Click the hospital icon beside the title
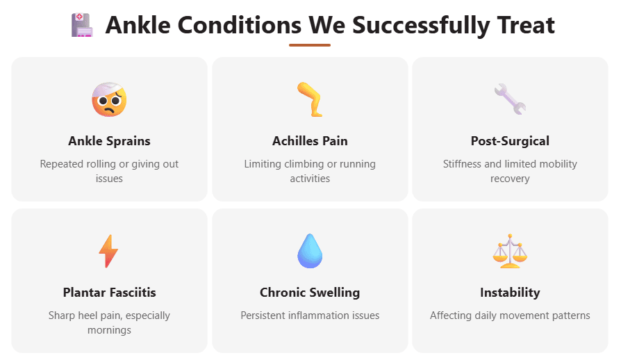point(81,26)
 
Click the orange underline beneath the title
point(310,45)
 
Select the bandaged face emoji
point(109,99)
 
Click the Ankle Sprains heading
point(109,141)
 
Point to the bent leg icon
point(309,99)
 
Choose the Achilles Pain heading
point(310,141)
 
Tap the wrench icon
point(510,99)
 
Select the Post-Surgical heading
point(510,141)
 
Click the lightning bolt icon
point(108,251)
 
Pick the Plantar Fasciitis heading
point(109,293)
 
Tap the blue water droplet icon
point(309,251)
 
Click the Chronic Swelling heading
point(310,293)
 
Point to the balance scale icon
point(510,251)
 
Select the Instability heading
point(510,293)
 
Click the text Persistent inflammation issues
point(310,316)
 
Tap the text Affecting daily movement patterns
point(510,316)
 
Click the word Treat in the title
point(524,26)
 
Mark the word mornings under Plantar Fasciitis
point(109,330)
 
